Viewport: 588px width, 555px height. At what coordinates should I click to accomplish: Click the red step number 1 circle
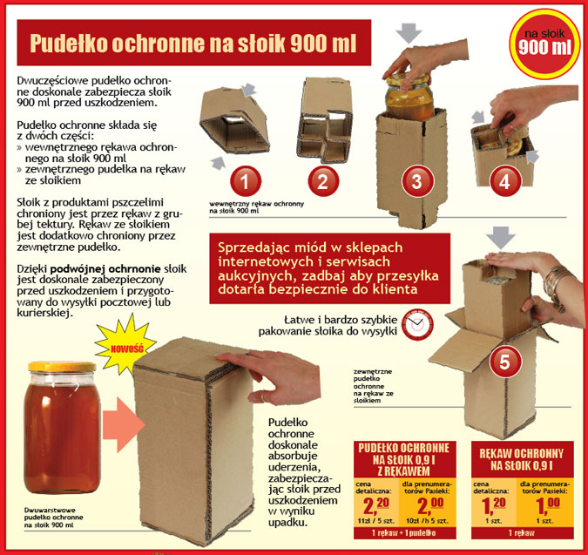point(246,181)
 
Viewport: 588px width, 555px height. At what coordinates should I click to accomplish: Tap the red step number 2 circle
point(323,181)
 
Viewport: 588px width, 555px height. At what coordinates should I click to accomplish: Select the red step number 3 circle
point(417,181)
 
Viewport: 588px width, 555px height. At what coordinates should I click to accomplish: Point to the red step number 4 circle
point(505,181)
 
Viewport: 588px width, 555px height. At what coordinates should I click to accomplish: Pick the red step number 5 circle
point(504,362)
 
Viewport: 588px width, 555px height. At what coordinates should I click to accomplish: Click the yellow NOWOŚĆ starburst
point(125,345)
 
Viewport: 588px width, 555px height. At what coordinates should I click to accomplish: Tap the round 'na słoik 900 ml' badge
point(544,43)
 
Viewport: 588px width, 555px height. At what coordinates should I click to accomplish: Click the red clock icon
point(417,324)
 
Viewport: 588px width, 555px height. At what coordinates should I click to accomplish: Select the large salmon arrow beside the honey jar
point(124,424)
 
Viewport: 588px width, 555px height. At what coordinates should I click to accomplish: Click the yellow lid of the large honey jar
point(62,367)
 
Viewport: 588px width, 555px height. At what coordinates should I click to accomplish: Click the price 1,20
point(494,505)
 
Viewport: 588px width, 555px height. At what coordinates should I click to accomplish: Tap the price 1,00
point(547,505)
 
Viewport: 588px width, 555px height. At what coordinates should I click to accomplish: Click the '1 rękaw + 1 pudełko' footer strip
point(405,533)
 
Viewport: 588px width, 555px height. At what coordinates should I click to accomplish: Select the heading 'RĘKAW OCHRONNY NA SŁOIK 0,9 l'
point(522,459)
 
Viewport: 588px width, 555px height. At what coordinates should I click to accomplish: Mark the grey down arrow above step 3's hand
point(409,33)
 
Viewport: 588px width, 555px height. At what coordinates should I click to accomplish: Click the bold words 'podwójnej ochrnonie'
point(105,269)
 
